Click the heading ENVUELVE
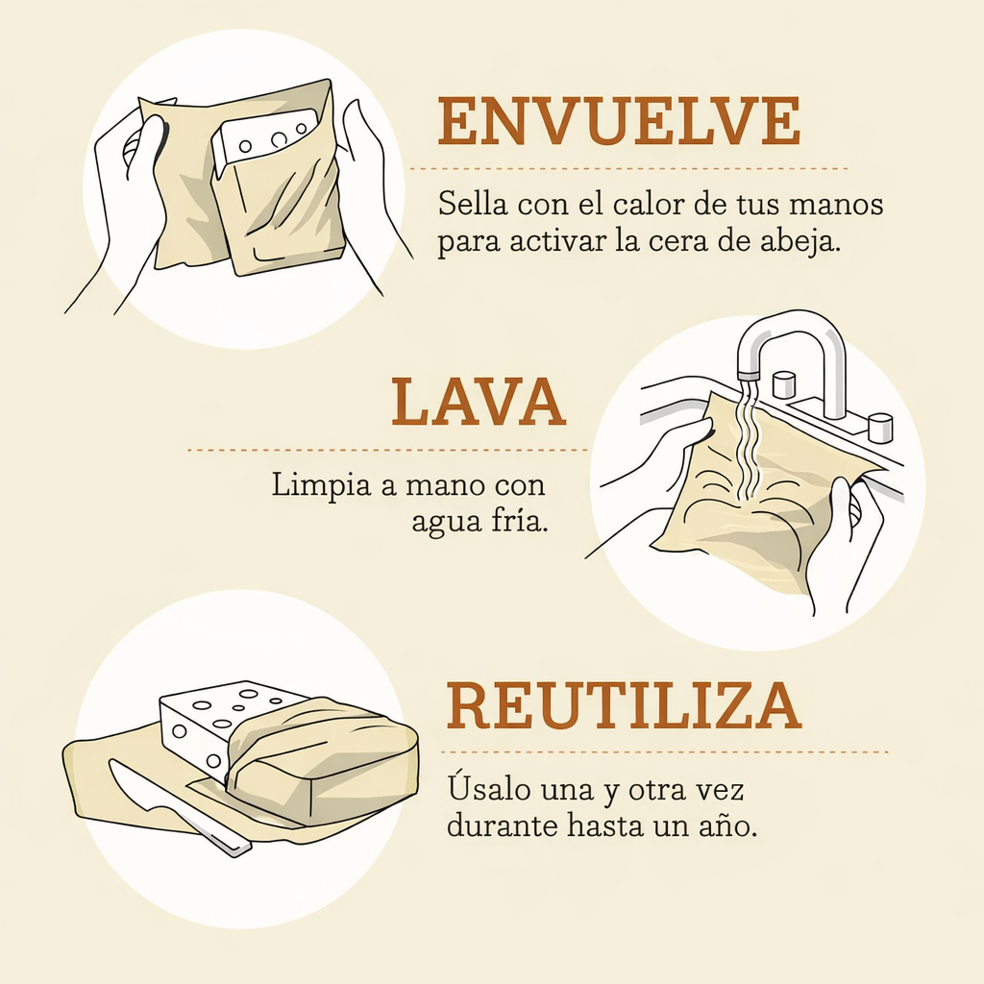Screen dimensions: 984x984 point(619,121)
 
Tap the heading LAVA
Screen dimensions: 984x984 point(478,403)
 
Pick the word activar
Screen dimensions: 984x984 point(546,241)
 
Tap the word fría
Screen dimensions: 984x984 point(522,521)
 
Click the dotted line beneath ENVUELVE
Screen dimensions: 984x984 point(628,168)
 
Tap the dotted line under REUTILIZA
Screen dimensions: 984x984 point(663,751)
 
